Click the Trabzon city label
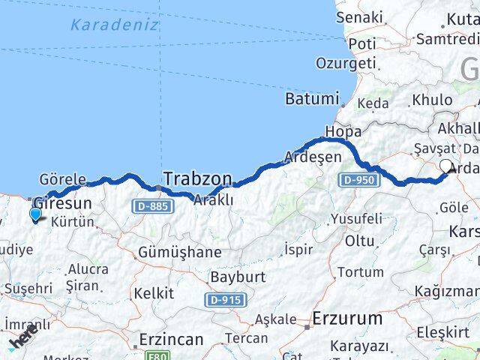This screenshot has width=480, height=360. click(x=197, y=178)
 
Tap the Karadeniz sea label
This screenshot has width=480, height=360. click(x=115, y=24)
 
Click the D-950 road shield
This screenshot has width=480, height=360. click(x=357, y=181)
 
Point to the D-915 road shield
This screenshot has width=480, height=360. click(x=224, y=300)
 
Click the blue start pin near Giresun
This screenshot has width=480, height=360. click(x=35, y=214)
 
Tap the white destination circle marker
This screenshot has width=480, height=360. click(x=447, y=166)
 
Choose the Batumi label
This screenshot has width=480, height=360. click(x=311, y=99)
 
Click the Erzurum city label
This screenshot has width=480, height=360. click(x=348, y=318)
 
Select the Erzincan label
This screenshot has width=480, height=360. click(x=170, y=340)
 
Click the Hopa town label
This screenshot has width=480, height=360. click(x=343, y=132)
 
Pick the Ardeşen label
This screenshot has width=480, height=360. click(x=313, y=157)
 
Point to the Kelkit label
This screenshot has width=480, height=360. click(x=154, y=293)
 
